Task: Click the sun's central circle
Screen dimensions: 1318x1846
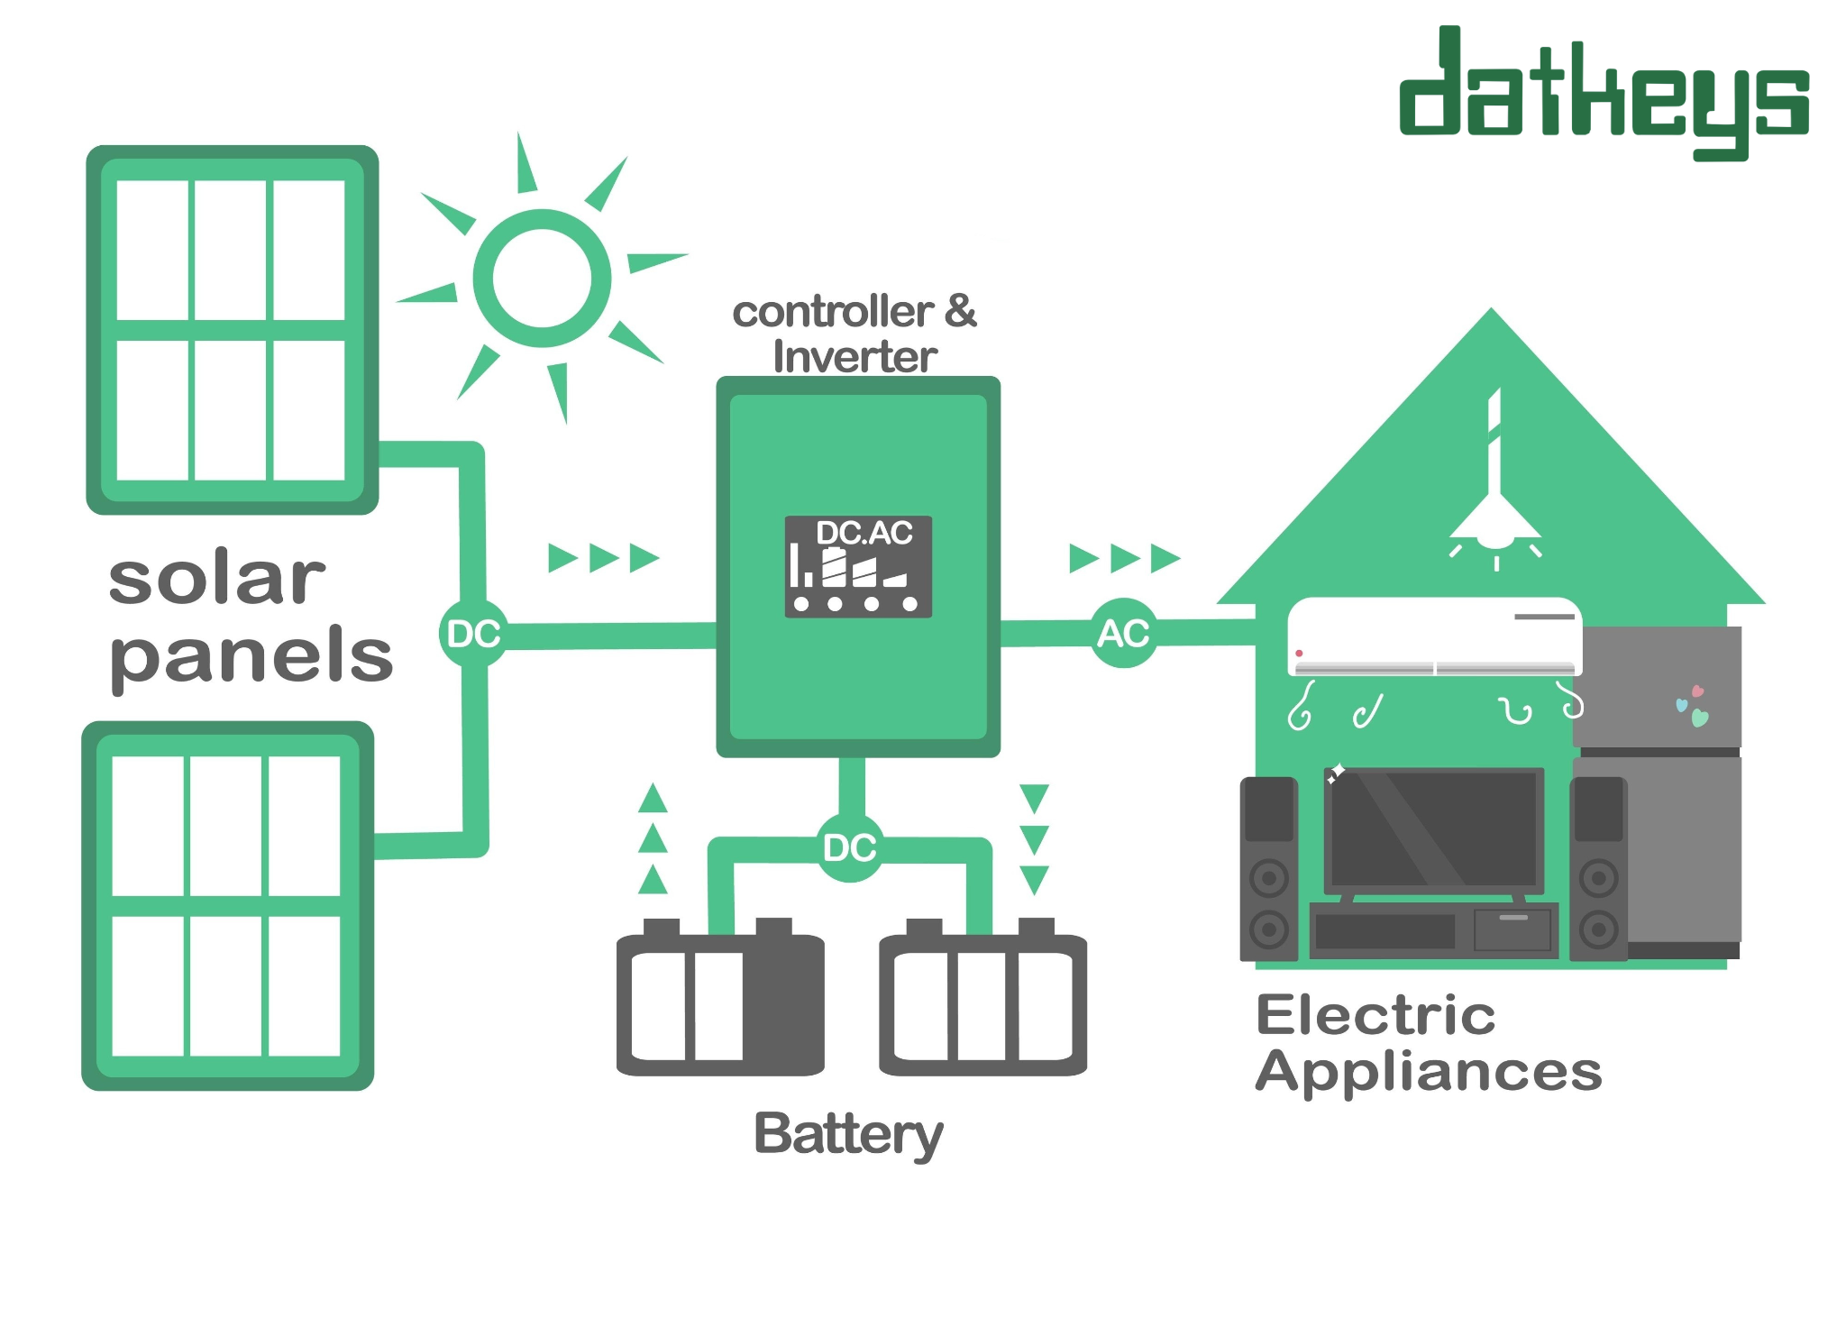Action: tap(542, 279)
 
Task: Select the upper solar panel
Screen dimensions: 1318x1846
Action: tap(232, 330)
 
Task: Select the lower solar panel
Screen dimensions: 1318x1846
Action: tap(227, 905)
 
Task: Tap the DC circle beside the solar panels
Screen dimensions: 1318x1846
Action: tap(474, 634)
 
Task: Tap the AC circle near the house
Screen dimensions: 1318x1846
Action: tap(1123, 633)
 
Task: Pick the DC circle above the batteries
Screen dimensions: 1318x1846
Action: tap(850, 847)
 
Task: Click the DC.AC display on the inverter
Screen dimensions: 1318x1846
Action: tap(858, 566)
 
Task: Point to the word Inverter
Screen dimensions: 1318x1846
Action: tap(854, 357)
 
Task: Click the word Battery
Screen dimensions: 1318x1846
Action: tap(848, 1134)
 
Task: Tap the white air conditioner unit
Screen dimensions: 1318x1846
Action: tap(1434, 636)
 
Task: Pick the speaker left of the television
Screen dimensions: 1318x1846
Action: tap(1269, 869)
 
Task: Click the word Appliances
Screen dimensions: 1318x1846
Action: tap(1429, 1073)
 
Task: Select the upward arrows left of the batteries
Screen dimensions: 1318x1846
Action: tap(653, 838)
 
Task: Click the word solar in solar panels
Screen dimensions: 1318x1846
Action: tap(216, 578)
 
